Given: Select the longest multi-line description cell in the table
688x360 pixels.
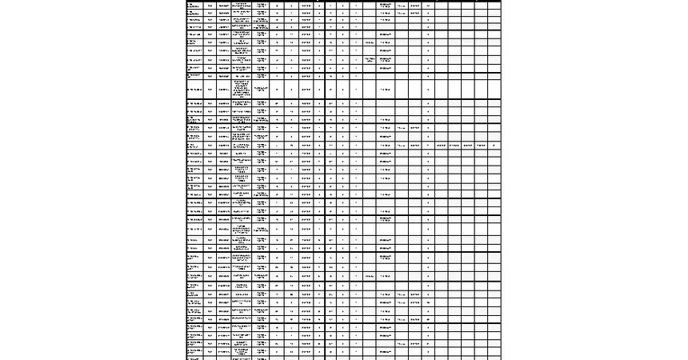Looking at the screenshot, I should coord(242,88).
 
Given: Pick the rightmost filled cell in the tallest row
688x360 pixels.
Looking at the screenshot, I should coord(430,89).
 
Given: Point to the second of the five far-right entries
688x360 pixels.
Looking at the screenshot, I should coord(454,146).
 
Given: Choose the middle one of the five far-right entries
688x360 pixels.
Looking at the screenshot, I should coord(467,146).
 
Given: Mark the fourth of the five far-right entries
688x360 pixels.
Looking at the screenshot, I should coord(481,146).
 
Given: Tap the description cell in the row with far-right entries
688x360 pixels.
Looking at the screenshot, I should coord(242,146).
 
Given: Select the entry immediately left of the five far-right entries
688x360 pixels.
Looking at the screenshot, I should coord(430,146).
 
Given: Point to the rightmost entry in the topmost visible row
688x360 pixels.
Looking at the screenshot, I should coord(430,6).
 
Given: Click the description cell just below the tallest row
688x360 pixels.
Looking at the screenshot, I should coord(242,103).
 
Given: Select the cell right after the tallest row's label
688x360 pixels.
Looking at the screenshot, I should coord(210,89).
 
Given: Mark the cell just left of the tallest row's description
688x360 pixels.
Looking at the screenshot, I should coord(223,89).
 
